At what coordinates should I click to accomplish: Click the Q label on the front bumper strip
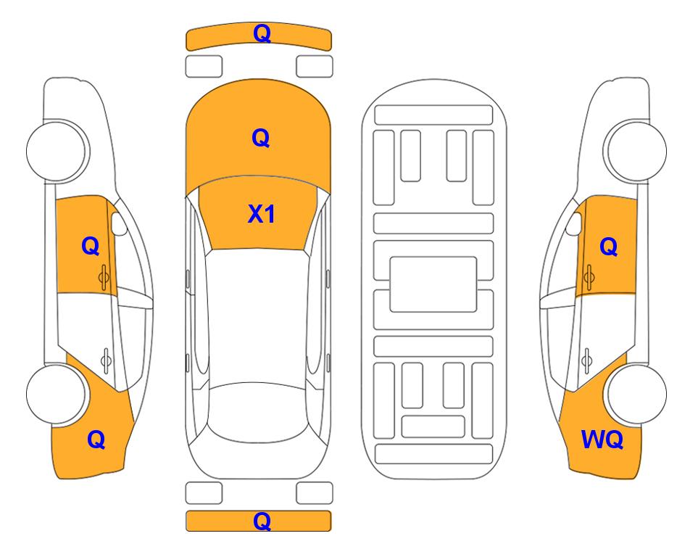coord(262,33)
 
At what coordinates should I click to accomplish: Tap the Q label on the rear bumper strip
coord(262,521)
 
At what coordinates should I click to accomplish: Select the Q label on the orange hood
coord(261,138)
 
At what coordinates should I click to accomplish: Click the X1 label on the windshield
coord(262,214)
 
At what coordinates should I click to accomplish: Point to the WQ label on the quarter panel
coord(602,440)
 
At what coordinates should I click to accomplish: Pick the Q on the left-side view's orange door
coord(91,246)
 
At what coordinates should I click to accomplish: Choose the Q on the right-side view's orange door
coord(609,247)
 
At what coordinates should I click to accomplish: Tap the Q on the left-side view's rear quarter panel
coord(96,440)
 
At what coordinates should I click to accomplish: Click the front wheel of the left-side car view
coord(57,151)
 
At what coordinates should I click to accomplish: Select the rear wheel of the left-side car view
coord(56,395)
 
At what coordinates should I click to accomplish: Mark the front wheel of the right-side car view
coord(635,151)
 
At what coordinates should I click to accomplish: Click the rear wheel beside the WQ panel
coord(636,395)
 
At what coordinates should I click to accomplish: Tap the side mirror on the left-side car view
coord(118,223)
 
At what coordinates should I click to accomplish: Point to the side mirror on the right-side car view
coord(573,223)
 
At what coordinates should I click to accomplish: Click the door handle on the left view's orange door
coord(104,277)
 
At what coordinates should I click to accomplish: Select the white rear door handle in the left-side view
coord(106,360)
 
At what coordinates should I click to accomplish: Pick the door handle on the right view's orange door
coord(589,277)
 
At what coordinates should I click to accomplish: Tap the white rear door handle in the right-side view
coord(586,360)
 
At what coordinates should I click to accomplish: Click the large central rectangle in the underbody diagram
coord(433,284)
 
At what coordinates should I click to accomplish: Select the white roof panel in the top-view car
coord(258,317)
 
